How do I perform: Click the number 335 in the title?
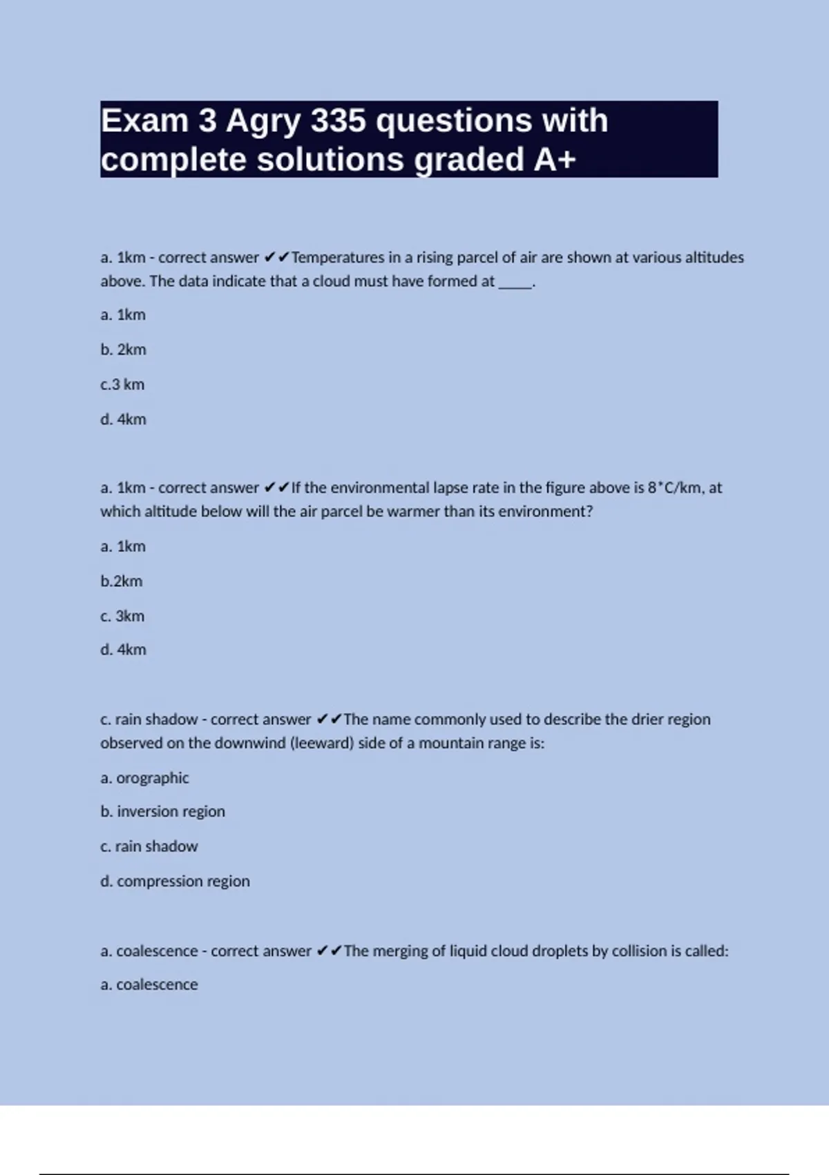(338, 121)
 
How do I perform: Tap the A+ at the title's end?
(555, 160)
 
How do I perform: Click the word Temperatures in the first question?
(338, 258)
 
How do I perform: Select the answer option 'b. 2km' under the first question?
(123, 350)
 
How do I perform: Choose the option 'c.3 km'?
(122, 384)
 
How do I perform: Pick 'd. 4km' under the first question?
(123, 420)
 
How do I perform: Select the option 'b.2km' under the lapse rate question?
(121, 581)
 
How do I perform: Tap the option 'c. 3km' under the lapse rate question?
(122, 616)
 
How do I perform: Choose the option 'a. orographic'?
(144, 778)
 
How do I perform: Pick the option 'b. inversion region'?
(162, 811)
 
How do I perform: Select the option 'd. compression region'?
(175, 881)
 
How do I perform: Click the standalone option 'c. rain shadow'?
(149, 847)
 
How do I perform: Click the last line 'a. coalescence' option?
(149, 985)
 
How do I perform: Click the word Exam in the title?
(145, 121)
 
